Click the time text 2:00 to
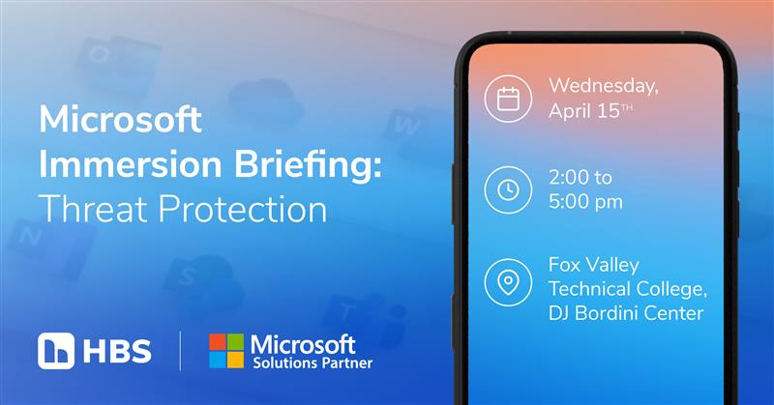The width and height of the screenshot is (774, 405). [x=580, y=179]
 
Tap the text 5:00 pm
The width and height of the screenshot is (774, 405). [x=585, y=202]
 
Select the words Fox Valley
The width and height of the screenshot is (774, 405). [x=594, y=265]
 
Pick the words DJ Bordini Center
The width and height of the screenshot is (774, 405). [x=625, y=312]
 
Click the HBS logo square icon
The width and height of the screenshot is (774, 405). [x=55, y=351]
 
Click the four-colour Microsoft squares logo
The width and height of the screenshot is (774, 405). [x=226, y=351]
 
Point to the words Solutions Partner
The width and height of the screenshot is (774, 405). [x=310, y=364]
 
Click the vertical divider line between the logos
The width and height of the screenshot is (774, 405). [x=181, y=351]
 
